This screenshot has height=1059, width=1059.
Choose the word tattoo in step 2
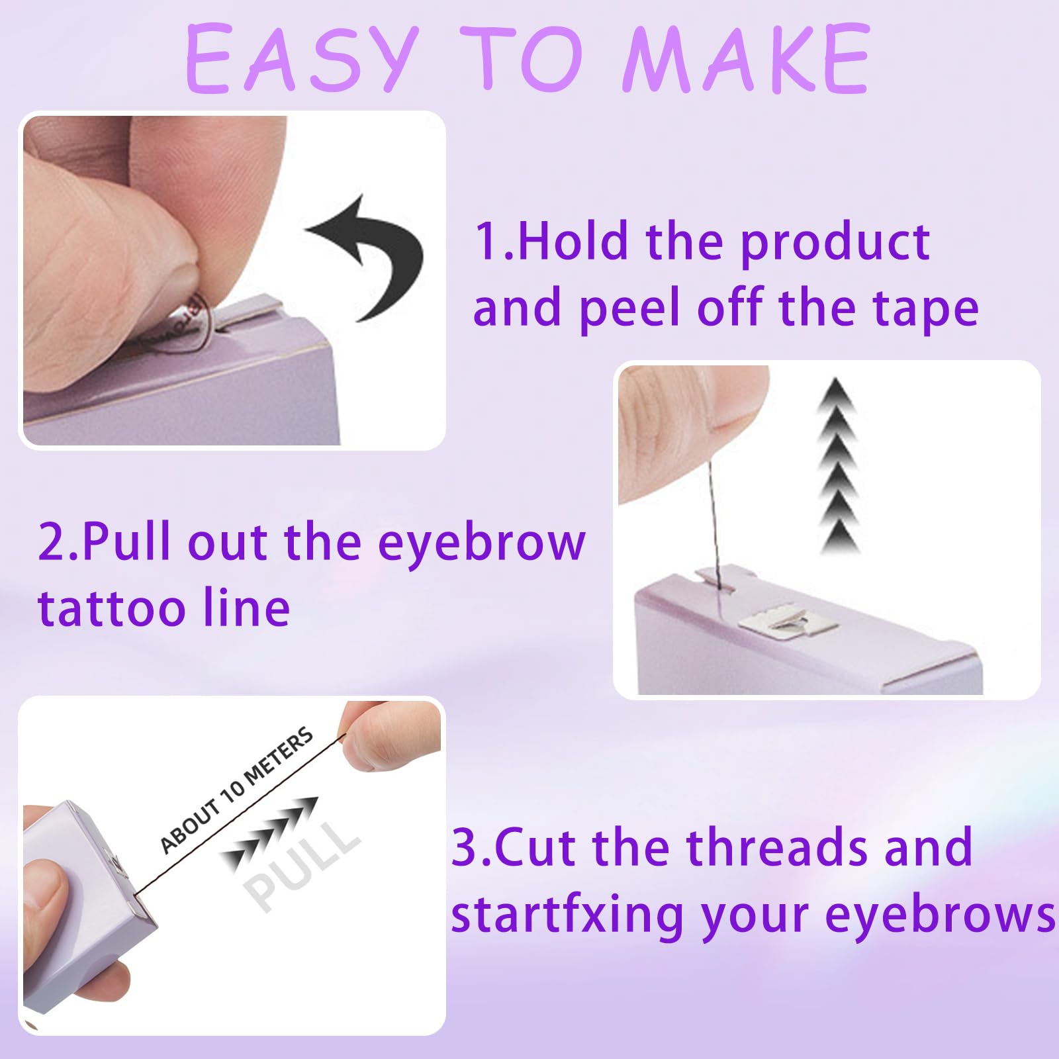point(111,609)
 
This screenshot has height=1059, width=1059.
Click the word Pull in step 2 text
point(126,541)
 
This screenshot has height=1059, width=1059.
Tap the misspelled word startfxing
point(567,917)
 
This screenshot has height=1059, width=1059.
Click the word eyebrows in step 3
point(940,917)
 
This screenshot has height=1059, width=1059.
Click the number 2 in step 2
point(50,541)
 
